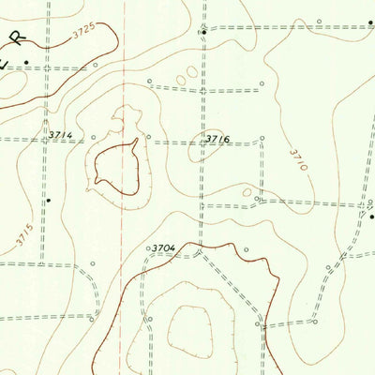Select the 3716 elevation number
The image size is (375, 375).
pos(217,140)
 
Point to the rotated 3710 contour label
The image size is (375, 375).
pos(297,158)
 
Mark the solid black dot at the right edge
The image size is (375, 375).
pos(371,217)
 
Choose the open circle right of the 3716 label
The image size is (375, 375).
pos(262,139)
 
